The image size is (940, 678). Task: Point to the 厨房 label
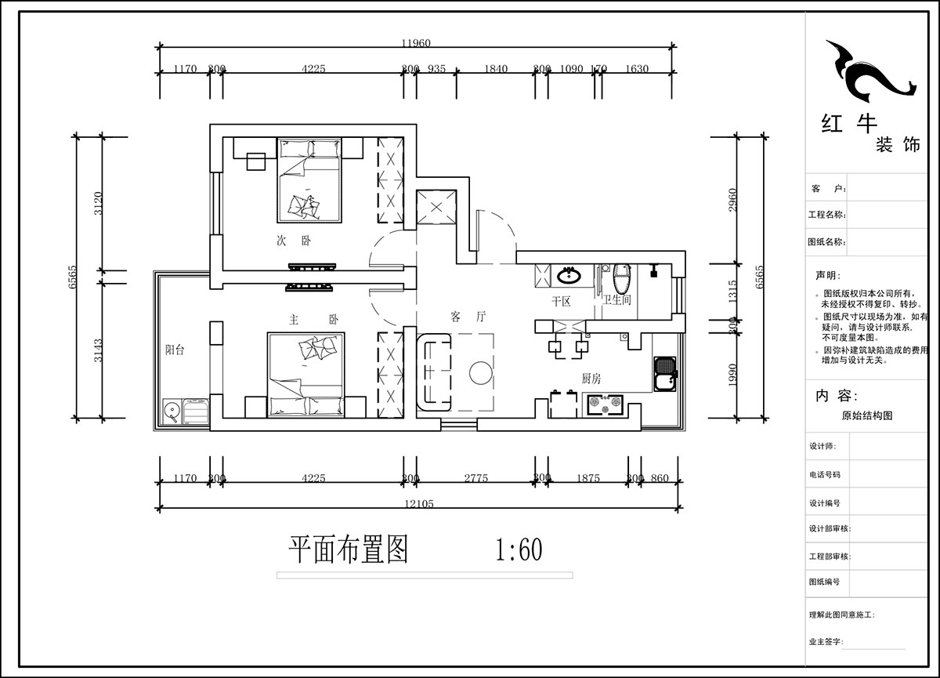tap(591, 378)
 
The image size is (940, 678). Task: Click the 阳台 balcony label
tap(175, 350)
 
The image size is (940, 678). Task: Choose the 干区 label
tap(561, 300)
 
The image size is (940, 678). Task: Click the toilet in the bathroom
tap(623, 277)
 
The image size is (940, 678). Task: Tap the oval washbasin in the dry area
tap(569, 275)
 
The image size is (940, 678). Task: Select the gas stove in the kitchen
tap(607, 404)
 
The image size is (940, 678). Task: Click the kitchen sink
tap(665, 375)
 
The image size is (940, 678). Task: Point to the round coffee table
tap(481, 373)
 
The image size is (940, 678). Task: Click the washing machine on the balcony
tap(172, 411)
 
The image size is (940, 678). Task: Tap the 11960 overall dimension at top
tap(416, 43)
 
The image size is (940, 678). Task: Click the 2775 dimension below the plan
tap(475, 478)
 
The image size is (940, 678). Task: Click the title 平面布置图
tap(349, 550)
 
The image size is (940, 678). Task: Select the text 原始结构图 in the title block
tap(866, 416)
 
